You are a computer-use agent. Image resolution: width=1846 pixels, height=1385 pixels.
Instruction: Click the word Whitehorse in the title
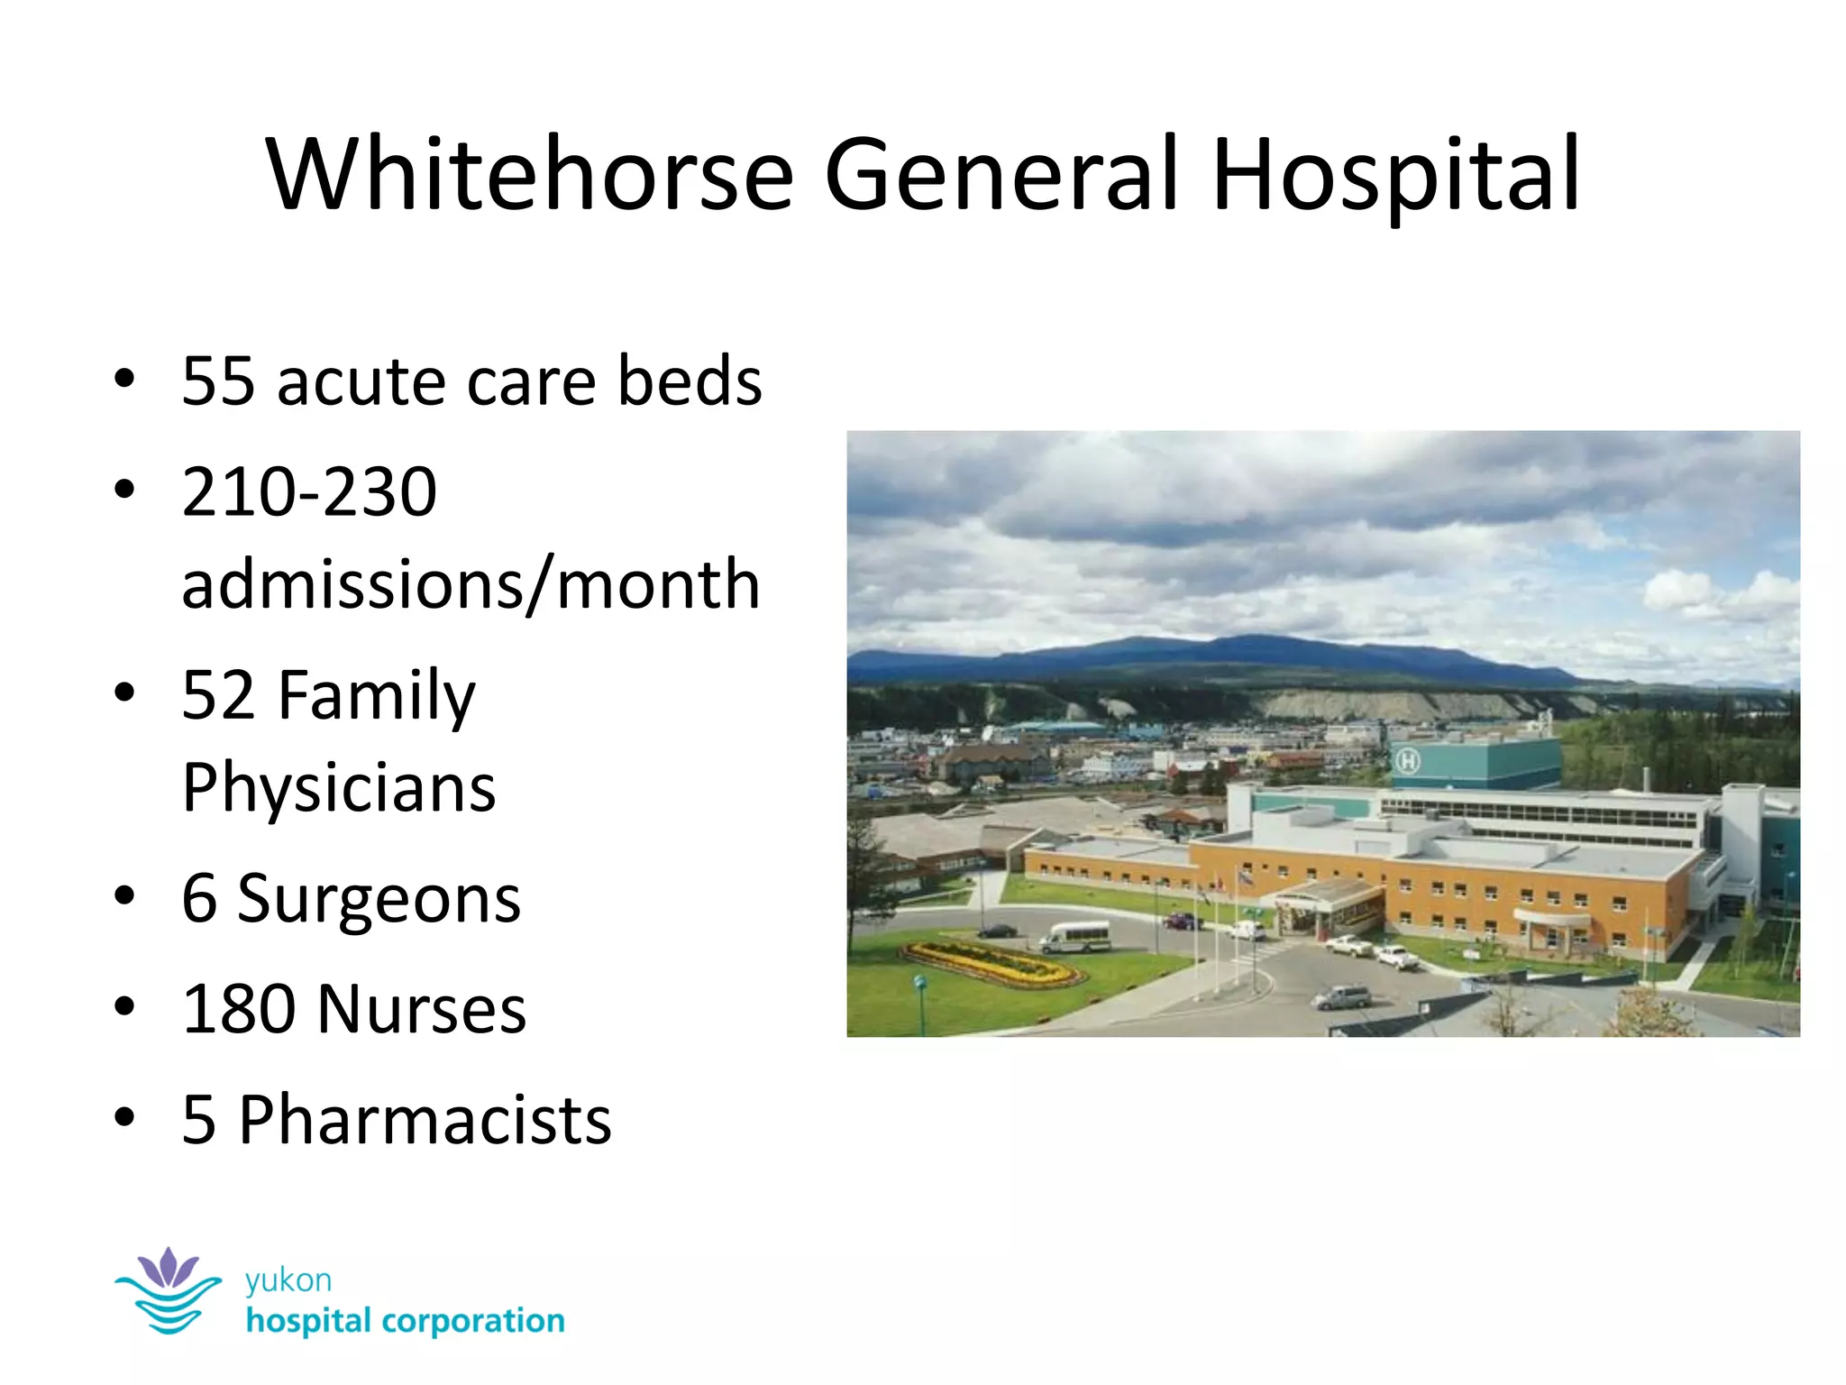click(529, 173)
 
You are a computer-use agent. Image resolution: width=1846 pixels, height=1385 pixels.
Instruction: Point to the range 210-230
click(309, 492)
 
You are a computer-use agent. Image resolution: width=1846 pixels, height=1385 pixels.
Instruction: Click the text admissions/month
click(471, 584)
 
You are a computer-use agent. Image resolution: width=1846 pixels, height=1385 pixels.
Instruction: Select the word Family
click(376, 696)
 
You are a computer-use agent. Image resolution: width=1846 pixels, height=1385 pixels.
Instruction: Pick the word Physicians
click(339, 788)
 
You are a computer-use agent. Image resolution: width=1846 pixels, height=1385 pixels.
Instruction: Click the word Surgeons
click(379, 900)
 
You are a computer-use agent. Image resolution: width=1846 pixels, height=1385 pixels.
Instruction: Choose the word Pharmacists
click(425, 1121)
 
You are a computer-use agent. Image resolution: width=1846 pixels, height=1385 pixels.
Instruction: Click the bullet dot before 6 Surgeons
click(124, 895)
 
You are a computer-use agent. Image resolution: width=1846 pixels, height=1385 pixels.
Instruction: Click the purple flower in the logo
click(169, 1268)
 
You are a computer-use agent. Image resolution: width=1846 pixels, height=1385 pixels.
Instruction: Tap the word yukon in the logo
click(288, 1280)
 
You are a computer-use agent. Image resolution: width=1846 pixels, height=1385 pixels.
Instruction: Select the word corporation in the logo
click(473, 1322)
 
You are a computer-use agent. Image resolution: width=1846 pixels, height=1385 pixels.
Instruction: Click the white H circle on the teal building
click(1407, 762)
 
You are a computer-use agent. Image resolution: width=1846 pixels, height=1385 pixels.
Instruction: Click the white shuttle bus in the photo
click(1074, 936)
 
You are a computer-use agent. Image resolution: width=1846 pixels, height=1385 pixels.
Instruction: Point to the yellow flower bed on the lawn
click(992, 963)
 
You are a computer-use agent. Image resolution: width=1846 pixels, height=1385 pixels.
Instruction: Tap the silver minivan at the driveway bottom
click(1342, 996)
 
